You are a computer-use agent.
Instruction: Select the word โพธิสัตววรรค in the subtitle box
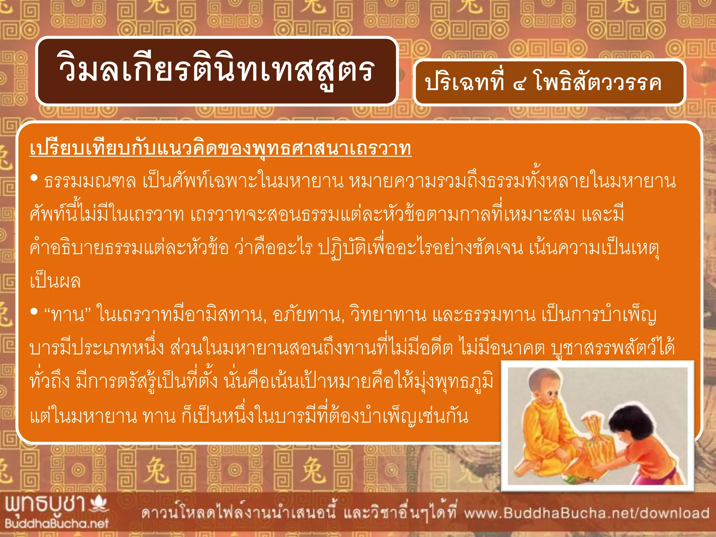(598, 83)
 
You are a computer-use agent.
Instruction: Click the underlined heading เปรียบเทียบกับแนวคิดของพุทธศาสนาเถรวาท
(220, 149)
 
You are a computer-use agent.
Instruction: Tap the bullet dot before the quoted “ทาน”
(34, 312)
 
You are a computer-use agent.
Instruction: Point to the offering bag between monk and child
(591, 444)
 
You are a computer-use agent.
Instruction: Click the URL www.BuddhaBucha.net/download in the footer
(587, 513)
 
